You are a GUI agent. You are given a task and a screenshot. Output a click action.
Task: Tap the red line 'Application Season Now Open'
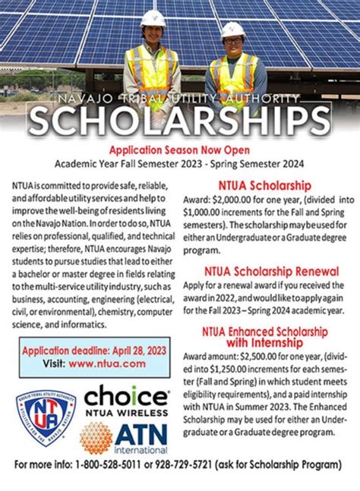(x=180, y=150)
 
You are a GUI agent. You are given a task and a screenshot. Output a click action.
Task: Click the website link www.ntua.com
(x=97, y=364)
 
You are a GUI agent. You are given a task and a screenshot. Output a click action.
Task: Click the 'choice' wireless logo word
(x=125, y=397)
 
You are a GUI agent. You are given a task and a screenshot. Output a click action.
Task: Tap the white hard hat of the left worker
(x=153, y=17)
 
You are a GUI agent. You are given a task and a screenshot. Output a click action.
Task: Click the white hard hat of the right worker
(x=232, y=30)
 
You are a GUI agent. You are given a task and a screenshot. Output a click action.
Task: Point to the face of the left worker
(x=154, y=35)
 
